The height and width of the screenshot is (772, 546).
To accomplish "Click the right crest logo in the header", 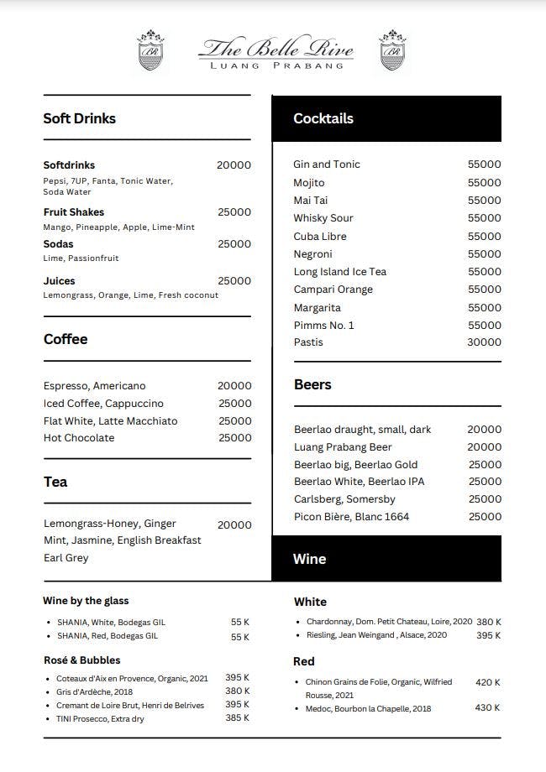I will pos(392,51).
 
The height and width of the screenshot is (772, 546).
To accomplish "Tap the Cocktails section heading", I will pos(323,118).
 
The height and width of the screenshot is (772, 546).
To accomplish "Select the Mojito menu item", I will pos(309,182).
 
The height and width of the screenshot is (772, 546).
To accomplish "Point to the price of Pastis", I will pos(484,342).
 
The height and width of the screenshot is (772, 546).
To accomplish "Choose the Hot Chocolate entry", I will pos(79,438).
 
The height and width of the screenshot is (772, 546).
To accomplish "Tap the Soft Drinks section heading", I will pos(80,118).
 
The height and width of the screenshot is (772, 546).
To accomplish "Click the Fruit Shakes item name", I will pos(74,212).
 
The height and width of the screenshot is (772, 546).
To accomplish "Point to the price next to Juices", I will pos(234,281).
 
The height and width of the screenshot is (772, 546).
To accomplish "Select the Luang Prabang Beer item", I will pos(343,447).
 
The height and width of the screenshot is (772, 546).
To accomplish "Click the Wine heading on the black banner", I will pos(310,559).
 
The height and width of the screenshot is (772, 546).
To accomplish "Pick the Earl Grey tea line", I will pos(66,558).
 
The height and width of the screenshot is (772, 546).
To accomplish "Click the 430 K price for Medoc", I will pos(487,708).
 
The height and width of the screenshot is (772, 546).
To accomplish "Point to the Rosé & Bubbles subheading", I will pos(81,660).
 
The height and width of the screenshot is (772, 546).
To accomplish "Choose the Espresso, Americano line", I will pos(95,386).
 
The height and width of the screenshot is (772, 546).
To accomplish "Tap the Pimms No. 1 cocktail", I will pos(324,326).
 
